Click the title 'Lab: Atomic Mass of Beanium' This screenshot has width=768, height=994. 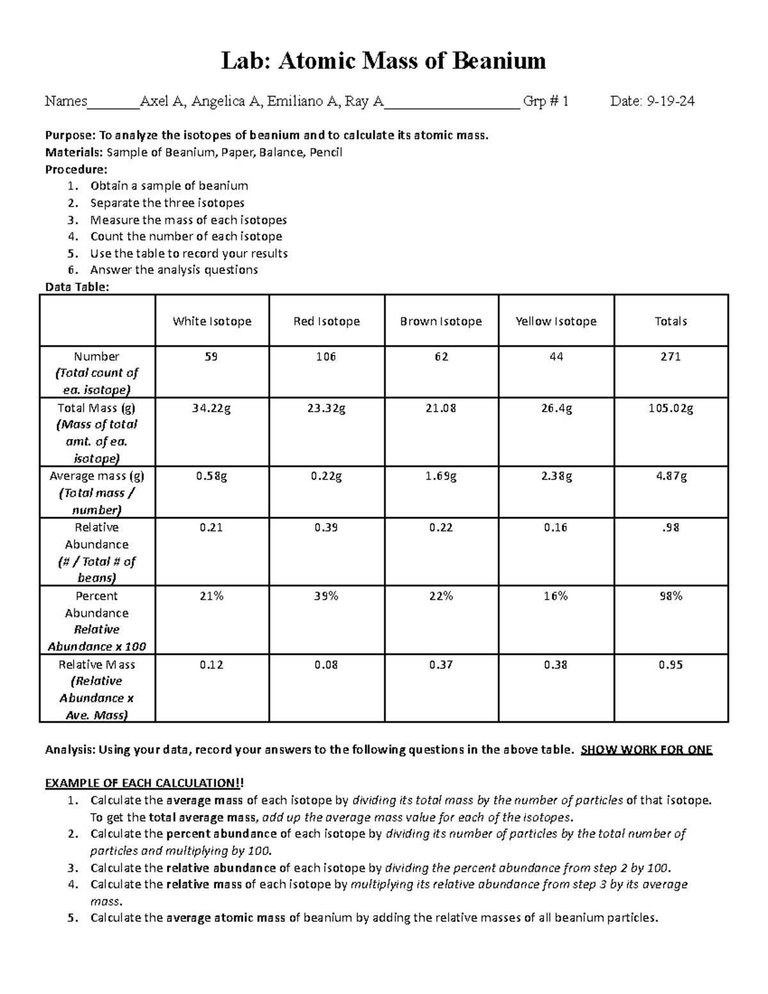click(383, 61)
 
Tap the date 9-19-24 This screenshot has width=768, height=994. click(671, 101)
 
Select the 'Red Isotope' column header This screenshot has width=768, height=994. click(326, 321)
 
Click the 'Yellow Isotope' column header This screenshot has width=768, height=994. click(556, 321)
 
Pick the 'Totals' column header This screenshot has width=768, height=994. click(671, 321)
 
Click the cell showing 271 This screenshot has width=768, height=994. click(671, 357)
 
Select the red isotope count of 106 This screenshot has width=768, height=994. click(326, 357)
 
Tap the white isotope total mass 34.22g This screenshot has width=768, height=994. click(211, 408)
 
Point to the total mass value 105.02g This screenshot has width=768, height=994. click(671, 408)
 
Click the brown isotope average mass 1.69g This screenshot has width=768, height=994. click(441, 477)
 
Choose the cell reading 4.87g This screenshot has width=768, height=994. click(671, 477)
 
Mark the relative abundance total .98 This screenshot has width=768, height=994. click(671, 528)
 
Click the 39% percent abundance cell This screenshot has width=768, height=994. click(326, 597)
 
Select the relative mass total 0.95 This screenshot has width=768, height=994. click(671, 665)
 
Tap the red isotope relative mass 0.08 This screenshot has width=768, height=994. click(326, 665)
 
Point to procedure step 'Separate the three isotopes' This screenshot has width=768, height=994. click(167, 203)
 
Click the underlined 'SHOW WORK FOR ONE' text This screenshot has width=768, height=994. click(646, 750)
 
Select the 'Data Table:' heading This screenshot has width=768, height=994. click(77, 287)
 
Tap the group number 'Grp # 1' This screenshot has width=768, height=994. click(545, 101)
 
